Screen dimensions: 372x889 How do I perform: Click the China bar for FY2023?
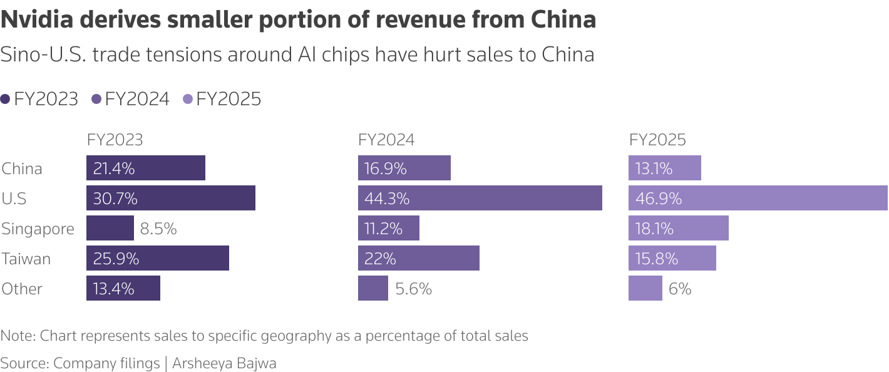click(145, 168)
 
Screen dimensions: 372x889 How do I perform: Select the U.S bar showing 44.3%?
click(480, 198)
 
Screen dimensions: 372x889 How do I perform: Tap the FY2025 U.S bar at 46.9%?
click(758, 198)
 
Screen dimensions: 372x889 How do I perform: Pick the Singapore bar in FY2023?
click(110, 228)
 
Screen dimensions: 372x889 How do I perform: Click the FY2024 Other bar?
click(373, 288)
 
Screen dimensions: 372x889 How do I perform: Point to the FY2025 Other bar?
click(645, 288)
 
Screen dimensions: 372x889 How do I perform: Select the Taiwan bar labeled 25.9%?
click(157, 258)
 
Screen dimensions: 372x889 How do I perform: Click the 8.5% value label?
click(158, 229)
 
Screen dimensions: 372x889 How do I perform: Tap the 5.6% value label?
click(413, 289)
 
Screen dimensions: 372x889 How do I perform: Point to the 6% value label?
click(680, 289)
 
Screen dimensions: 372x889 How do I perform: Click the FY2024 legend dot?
click(96, 99)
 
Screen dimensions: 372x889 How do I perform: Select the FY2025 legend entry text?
click(229, 99)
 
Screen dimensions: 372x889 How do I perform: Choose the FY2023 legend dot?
click(6, 99)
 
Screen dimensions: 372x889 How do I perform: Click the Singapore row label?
click(38, 229)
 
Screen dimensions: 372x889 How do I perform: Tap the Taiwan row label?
click(26, 259)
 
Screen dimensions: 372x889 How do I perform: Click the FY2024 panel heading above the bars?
click(386, 140)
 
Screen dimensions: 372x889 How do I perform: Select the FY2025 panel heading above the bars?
click(657, 140)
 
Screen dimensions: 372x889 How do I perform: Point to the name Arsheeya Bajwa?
click(224, 363)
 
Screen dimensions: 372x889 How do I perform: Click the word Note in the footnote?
click(16, 336)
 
